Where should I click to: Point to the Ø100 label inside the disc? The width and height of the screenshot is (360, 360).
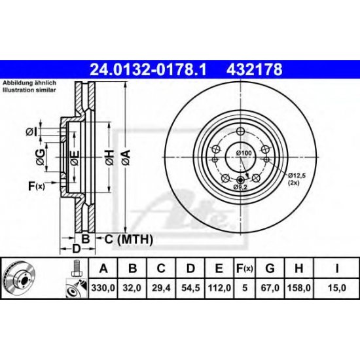pos(243,153)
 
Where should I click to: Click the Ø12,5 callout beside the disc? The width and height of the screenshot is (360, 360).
pos(297,176)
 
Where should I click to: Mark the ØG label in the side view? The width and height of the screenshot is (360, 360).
pos(41,154)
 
